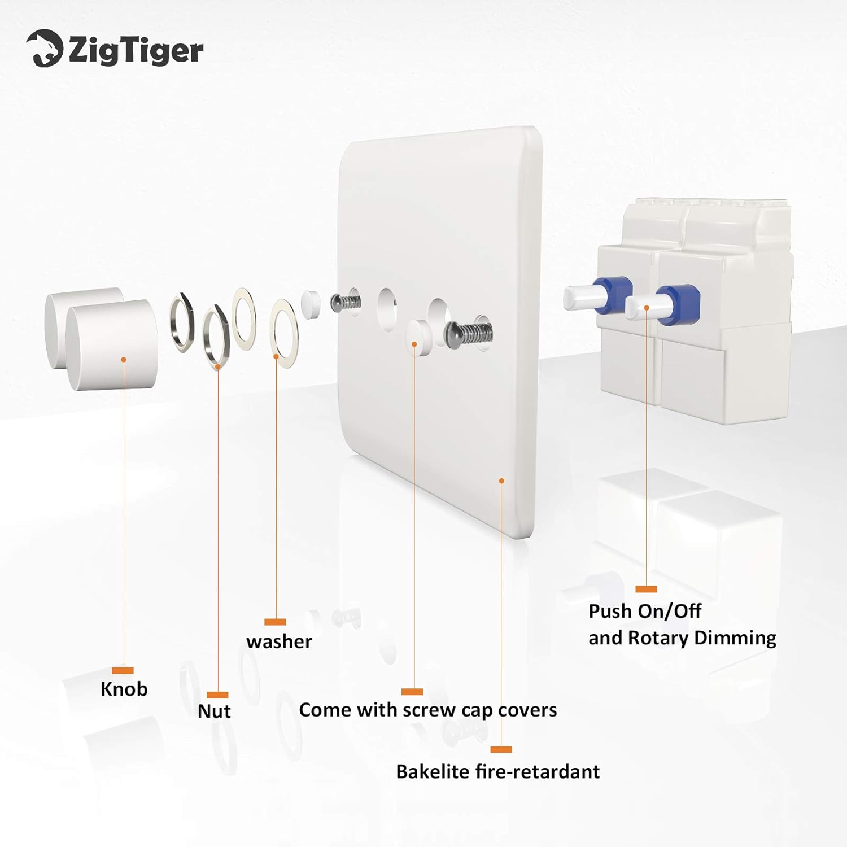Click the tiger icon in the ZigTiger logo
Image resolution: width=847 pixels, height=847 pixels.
tap(44, 49)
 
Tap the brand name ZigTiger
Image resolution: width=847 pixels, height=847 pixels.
tap(136, 51)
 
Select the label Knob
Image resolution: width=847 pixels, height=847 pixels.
tap(124, 689)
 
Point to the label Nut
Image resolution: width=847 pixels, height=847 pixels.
tap(214, 711)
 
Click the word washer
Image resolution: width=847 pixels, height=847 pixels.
tap(279, 641)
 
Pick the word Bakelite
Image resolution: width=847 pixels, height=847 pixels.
tap(433, 771)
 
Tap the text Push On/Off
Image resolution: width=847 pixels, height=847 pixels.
tap(644, 611)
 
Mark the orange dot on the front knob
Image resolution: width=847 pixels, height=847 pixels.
tap(124, 359)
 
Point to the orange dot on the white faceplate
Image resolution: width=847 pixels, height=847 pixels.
tap(501, 481)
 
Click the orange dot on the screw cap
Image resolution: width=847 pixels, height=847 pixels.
tap(414, 343)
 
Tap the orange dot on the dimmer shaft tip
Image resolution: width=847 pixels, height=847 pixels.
tap(647, 308)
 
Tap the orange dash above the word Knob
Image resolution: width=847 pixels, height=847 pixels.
tap(123, 670)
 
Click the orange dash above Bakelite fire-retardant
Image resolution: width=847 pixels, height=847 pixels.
tap(501, 749)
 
